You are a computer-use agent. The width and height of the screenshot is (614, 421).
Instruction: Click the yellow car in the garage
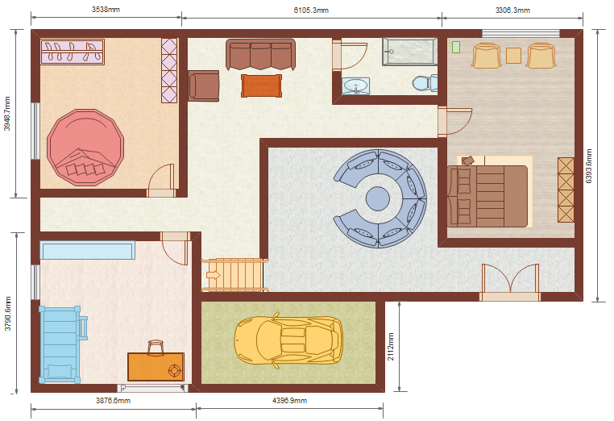coord(288,340)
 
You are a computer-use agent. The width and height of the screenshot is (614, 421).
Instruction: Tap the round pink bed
coord(85,147)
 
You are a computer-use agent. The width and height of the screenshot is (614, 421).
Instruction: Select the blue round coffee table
coord(377,198)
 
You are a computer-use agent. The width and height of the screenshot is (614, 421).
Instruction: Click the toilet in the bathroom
coord(425,83)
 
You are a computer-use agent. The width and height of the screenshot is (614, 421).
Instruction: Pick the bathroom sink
coord(355,85)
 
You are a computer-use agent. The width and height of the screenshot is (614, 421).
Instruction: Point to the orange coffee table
coord(261,85)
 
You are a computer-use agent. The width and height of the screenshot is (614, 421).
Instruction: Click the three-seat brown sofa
coord(260,55)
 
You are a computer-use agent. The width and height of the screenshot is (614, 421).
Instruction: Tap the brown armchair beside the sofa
coord(203,85)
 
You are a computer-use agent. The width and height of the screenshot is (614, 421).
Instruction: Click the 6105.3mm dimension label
coord(311,10)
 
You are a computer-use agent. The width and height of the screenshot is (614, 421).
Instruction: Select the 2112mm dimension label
coord(391,347)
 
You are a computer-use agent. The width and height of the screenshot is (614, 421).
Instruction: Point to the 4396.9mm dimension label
coord(289,401)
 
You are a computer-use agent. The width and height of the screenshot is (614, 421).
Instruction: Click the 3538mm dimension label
coord(106,10)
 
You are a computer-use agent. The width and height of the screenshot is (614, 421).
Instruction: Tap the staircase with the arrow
coord(234,275)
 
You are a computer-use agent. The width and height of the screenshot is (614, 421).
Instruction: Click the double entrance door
coord(510,282)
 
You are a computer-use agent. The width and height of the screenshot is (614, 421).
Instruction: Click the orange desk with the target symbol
coord(156,366)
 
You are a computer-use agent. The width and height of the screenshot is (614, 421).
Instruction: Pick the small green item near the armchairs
coord(456,48)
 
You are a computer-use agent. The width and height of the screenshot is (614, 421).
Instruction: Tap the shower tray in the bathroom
coord(409,52)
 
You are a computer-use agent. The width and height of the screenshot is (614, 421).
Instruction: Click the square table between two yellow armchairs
coord(513,56)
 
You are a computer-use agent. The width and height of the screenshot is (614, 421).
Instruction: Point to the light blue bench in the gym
coord(87,251)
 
